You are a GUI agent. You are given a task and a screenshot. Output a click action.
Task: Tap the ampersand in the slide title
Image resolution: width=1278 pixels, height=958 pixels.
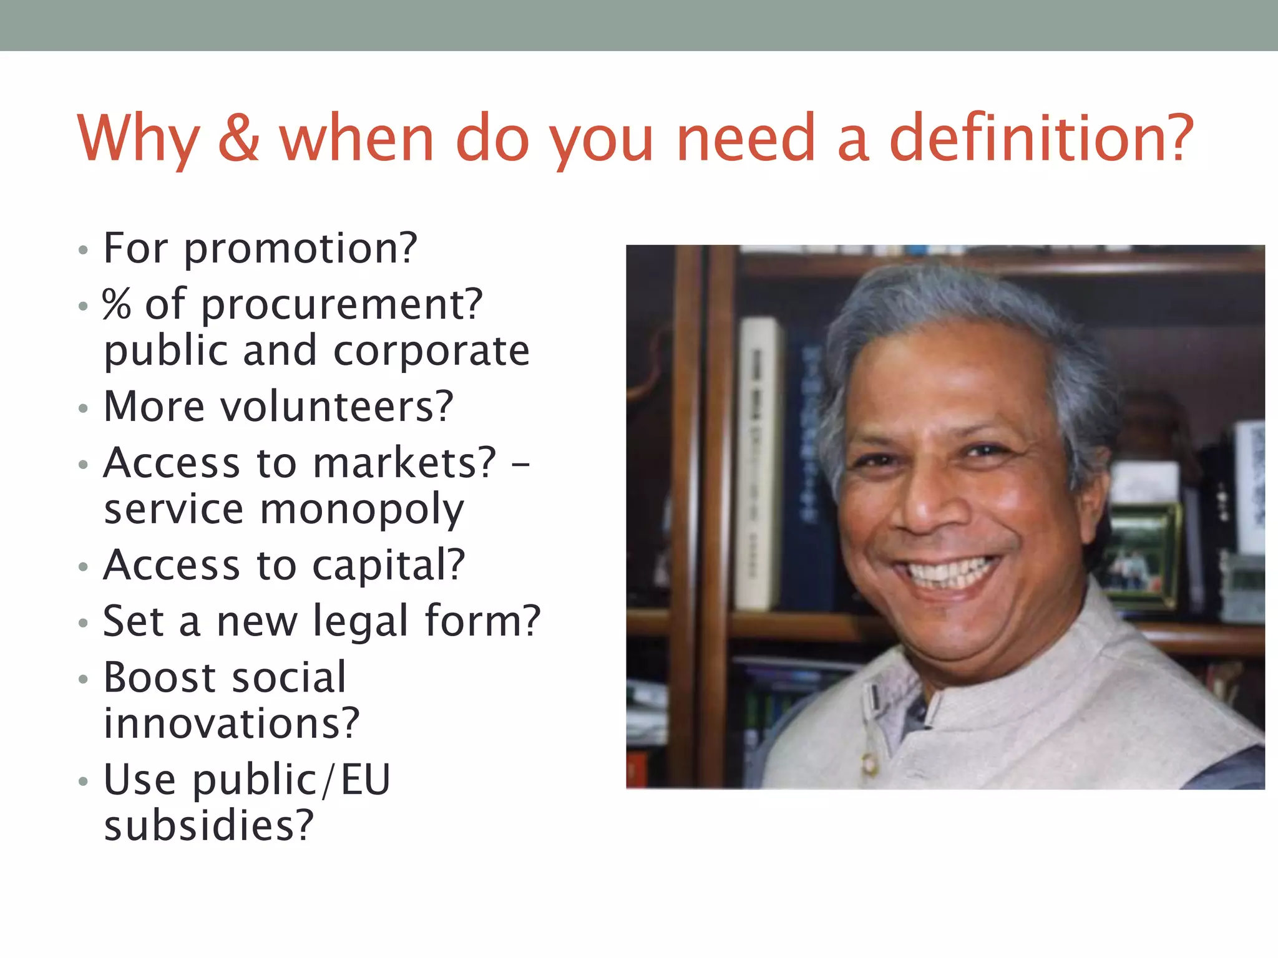coord(238,138)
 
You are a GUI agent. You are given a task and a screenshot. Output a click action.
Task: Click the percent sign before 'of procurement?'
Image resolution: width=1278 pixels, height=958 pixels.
coord(117,304)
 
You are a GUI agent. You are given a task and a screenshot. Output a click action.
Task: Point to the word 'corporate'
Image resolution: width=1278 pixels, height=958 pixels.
coord(431,351)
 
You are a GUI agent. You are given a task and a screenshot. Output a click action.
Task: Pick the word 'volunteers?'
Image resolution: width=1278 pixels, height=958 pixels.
coord(337,407)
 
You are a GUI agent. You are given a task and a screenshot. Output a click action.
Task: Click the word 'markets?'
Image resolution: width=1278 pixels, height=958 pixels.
coord(404,463)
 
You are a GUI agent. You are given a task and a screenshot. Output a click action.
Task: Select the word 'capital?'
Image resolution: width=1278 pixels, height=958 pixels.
coord(388,566)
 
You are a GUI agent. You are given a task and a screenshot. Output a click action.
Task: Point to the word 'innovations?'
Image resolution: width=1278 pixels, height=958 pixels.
coord(232,723)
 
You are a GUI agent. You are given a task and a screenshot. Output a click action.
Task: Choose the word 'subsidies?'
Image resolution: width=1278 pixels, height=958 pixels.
coord(208,826)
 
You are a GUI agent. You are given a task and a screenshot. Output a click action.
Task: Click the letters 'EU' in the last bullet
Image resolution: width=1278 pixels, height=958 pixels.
coord(365,780)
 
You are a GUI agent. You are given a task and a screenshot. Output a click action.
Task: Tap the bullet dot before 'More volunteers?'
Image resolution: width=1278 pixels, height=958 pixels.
coord(84,409)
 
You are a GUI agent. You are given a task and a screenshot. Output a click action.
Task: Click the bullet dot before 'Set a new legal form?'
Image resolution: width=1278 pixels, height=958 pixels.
coord(84,623)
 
